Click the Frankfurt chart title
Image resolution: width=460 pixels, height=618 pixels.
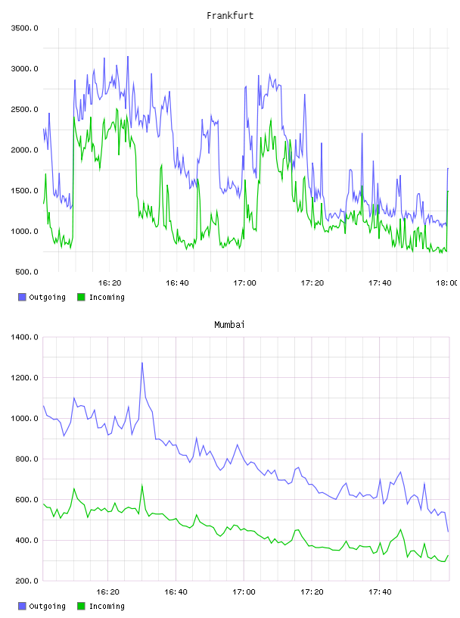click(230, 16)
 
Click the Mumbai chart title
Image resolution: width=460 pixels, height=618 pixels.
click(229, 325)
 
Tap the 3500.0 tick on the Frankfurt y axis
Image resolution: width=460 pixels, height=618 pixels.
click(25, 28)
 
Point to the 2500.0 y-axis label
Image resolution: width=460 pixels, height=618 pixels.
click(25, 109)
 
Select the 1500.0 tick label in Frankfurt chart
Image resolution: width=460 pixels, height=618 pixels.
click(25, 191)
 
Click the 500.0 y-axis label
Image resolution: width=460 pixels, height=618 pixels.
click(26, 272)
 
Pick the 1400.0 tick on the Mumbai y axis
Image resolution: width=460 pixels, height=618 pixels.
click(25, 337)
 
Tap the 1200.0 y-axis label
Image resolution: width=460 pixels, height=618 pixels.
click(25, 378)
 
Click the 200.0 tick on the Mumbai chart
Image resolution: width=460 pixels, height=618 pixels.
click(26, 581)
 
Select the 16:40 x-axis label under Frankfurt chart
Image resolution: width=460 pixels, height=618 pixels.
click(177, 283)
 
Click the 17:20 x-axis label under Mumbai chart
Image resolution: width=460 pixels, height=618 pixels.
click(312, 592)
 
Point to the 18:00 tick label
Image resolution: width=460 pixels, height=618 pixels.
click(447, 283)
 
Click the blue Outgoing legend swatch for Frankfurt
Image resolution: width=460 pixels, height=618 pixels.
click(22, 297)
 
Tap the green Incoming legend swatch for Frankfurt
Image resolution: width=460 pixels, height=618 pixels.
click(81, 297)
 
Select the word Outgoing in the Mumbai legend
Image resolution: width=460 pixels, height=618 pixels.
click(47, 606)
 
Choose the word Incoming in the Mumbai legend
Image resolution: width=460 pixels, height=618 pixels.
click(107, 606)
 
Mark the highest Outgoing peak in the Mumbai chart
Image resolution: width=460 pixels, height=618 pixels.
click(142, 363)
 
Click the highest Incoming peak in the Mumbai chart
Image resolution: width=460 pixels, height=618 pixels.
click(142, 485)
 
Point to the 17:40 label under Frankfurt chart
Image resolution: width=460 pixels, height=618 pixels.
click(380, 283)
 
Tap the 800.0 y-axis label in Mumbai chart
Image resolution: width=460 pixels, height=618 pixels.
click(26, 459)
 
